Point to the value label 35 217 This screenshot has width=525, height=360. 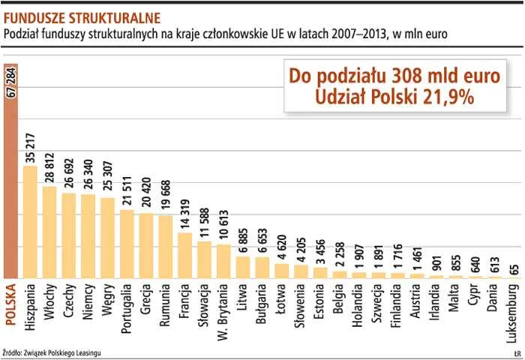(30, 145)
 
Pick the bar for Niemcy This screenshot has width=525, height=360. (88, 236)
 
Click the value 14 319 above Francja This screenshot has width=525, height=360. (184, 213)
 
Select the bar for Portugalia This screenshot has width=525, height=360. (127, 244)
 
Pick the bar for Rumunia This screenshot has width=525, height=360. (165, 247)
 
